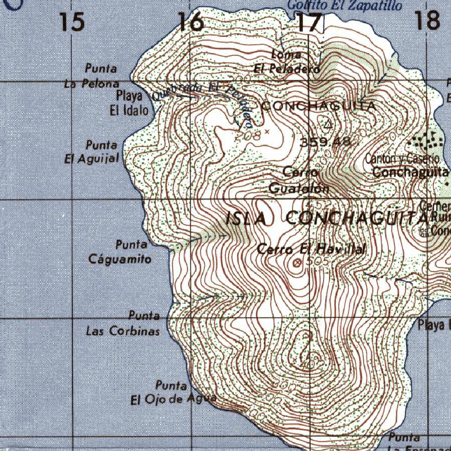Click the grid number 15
pos(72,22)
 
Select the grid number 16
pos(191,22)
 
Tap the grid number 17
pos(309,22)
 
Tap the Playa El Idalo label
pos(129,103)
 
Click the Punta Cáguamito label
pos(120,251)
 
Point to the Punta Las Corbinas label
pos(123,323)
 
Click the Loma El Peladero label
pos(286,62)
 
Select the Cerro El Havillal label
pos(311,249)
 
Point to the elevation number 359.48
pos(325,142)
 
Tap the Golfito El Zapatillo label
pos(344,5)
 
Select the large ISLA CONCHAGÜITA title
pos(326,218)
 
